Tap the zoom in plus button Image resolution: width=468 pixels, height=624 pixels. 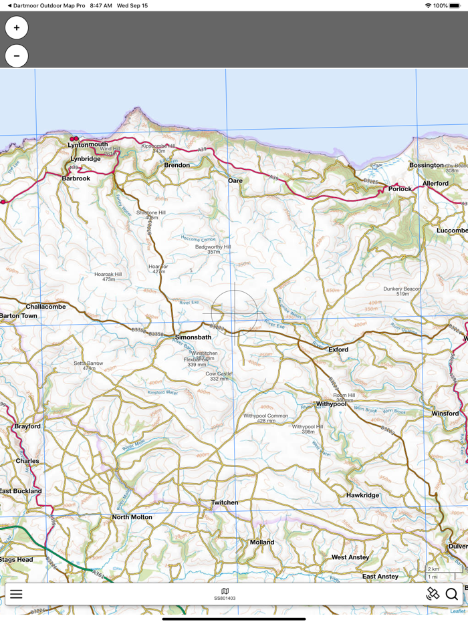click(x=17, y=28)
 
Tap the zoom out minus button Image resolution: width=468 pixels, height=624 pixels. click(x=17, y=56)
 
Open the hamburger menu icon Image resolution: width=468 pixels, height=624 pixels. click(x=16, y=594)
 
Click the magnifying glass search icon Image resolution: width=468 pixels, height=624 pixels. click(x=452, y=594)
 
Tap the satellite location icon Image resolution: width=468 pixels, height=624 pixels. click(x=433, y=593)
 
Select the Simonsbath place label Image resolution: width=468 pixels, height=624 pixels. click(x=193, y=337)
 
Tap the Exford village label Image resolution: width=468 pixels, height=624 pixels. click(x=338, y=349)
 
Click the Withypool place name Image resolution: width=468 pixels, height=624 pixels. click(x=332, y=404)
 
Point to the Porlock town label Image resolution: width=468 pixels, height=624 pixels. click(x=400, y=189)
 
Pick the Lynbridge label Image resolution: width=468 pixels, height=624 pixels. click(x=86, y=159)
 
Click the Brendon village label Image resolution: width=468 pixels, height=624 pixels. click(x=177, y=165)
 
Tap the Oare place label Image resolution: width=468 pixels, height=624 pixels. click(x=235, y=180)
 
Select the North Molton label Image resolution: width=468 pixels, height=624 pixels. click(x=132, y=517)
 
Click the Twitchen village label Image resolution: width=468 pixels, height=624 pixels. click(x=225, y=502)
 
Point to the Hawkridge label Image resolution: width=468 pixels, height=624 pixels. click(x=363, y=495)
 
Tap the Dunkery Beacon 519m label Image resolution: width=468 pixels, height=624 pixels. click(x=402, y=291)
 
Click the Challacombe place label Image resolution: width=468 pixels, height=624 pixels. click(x=46, y=307)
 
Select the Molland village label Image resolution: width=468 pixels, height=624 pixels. click(x=262, y=542)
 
